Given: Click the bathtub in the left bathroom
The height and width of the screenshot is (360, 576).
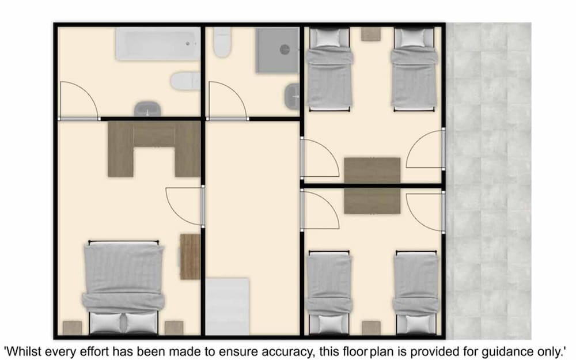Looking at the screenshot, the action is coord(158,44).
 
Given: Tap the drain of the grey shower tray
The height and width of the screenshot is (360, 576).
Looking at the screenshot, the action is coord(285,49).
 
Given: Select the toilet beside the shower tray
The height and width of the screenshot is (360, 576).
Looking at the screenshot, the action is coord(222,42).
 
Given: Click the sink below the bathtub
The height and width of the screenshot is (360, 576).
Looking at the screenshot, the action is coord(147,109).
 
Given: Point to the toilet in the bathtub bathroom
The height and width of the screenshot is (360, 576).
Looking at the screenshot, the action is coord(185,81).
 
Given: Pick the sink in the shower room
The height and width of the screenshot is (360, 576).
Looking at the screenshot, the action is coord(292,96).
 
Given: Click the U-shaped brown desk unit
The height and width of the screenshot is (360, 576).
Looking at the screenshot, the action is coord(154,149).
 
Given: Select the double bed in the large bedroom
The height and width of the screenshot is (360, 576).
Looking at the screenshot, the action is coord(123,287).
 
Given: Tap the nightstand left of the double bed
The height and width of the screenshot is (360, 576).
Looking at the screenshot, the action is coord(72,328).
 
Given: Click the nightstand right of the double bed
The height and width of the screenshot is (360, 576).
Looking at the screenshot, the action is coord(174,328).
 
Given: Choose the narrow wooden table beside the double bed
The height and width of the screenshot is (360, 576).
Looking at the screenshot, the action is coord(190,256).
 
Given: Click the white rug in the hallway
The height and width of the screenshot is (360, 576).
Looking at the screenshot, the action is coord(227,306).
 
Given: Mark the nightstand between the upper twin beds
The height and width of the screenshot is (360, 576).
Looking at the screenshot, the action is coord(370,34).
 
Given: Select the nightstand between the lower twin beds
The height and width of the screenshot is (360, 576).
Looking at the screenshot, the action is coord(371,328).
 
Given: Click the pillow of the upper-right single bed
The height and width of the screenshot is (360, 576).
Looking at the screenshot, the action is coord(413,37).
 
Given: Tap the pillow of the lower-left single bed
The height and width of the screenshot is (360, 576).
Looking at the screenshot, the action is coord(329,324).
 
